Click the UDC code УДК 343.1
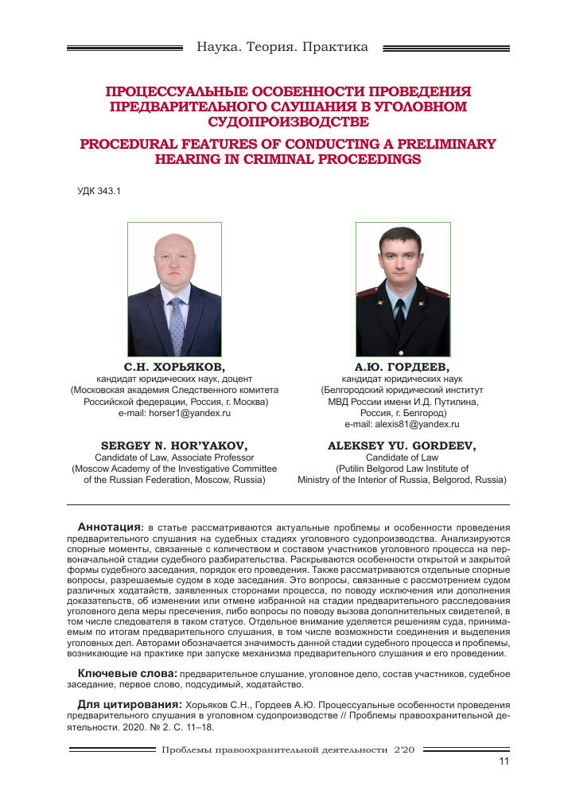(x=99, y=191)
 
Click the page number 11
(x=503, y=761)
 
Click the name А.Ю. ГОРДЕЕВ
(x=402, y=367)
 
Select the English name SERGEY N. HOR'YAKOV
(x=174, y=446)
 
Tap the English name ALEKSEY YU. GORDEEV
(x=402, y=446)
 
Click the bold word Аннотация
(x=109, y=527)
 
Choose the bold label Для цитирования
(x=130, y=704)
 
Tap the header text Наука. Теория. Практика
(x=282, y=47)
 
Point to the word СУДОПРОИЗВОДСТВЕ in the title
(x=288, y=122)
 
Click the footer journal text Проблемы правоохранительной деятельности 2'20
(x=282, y=749)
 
